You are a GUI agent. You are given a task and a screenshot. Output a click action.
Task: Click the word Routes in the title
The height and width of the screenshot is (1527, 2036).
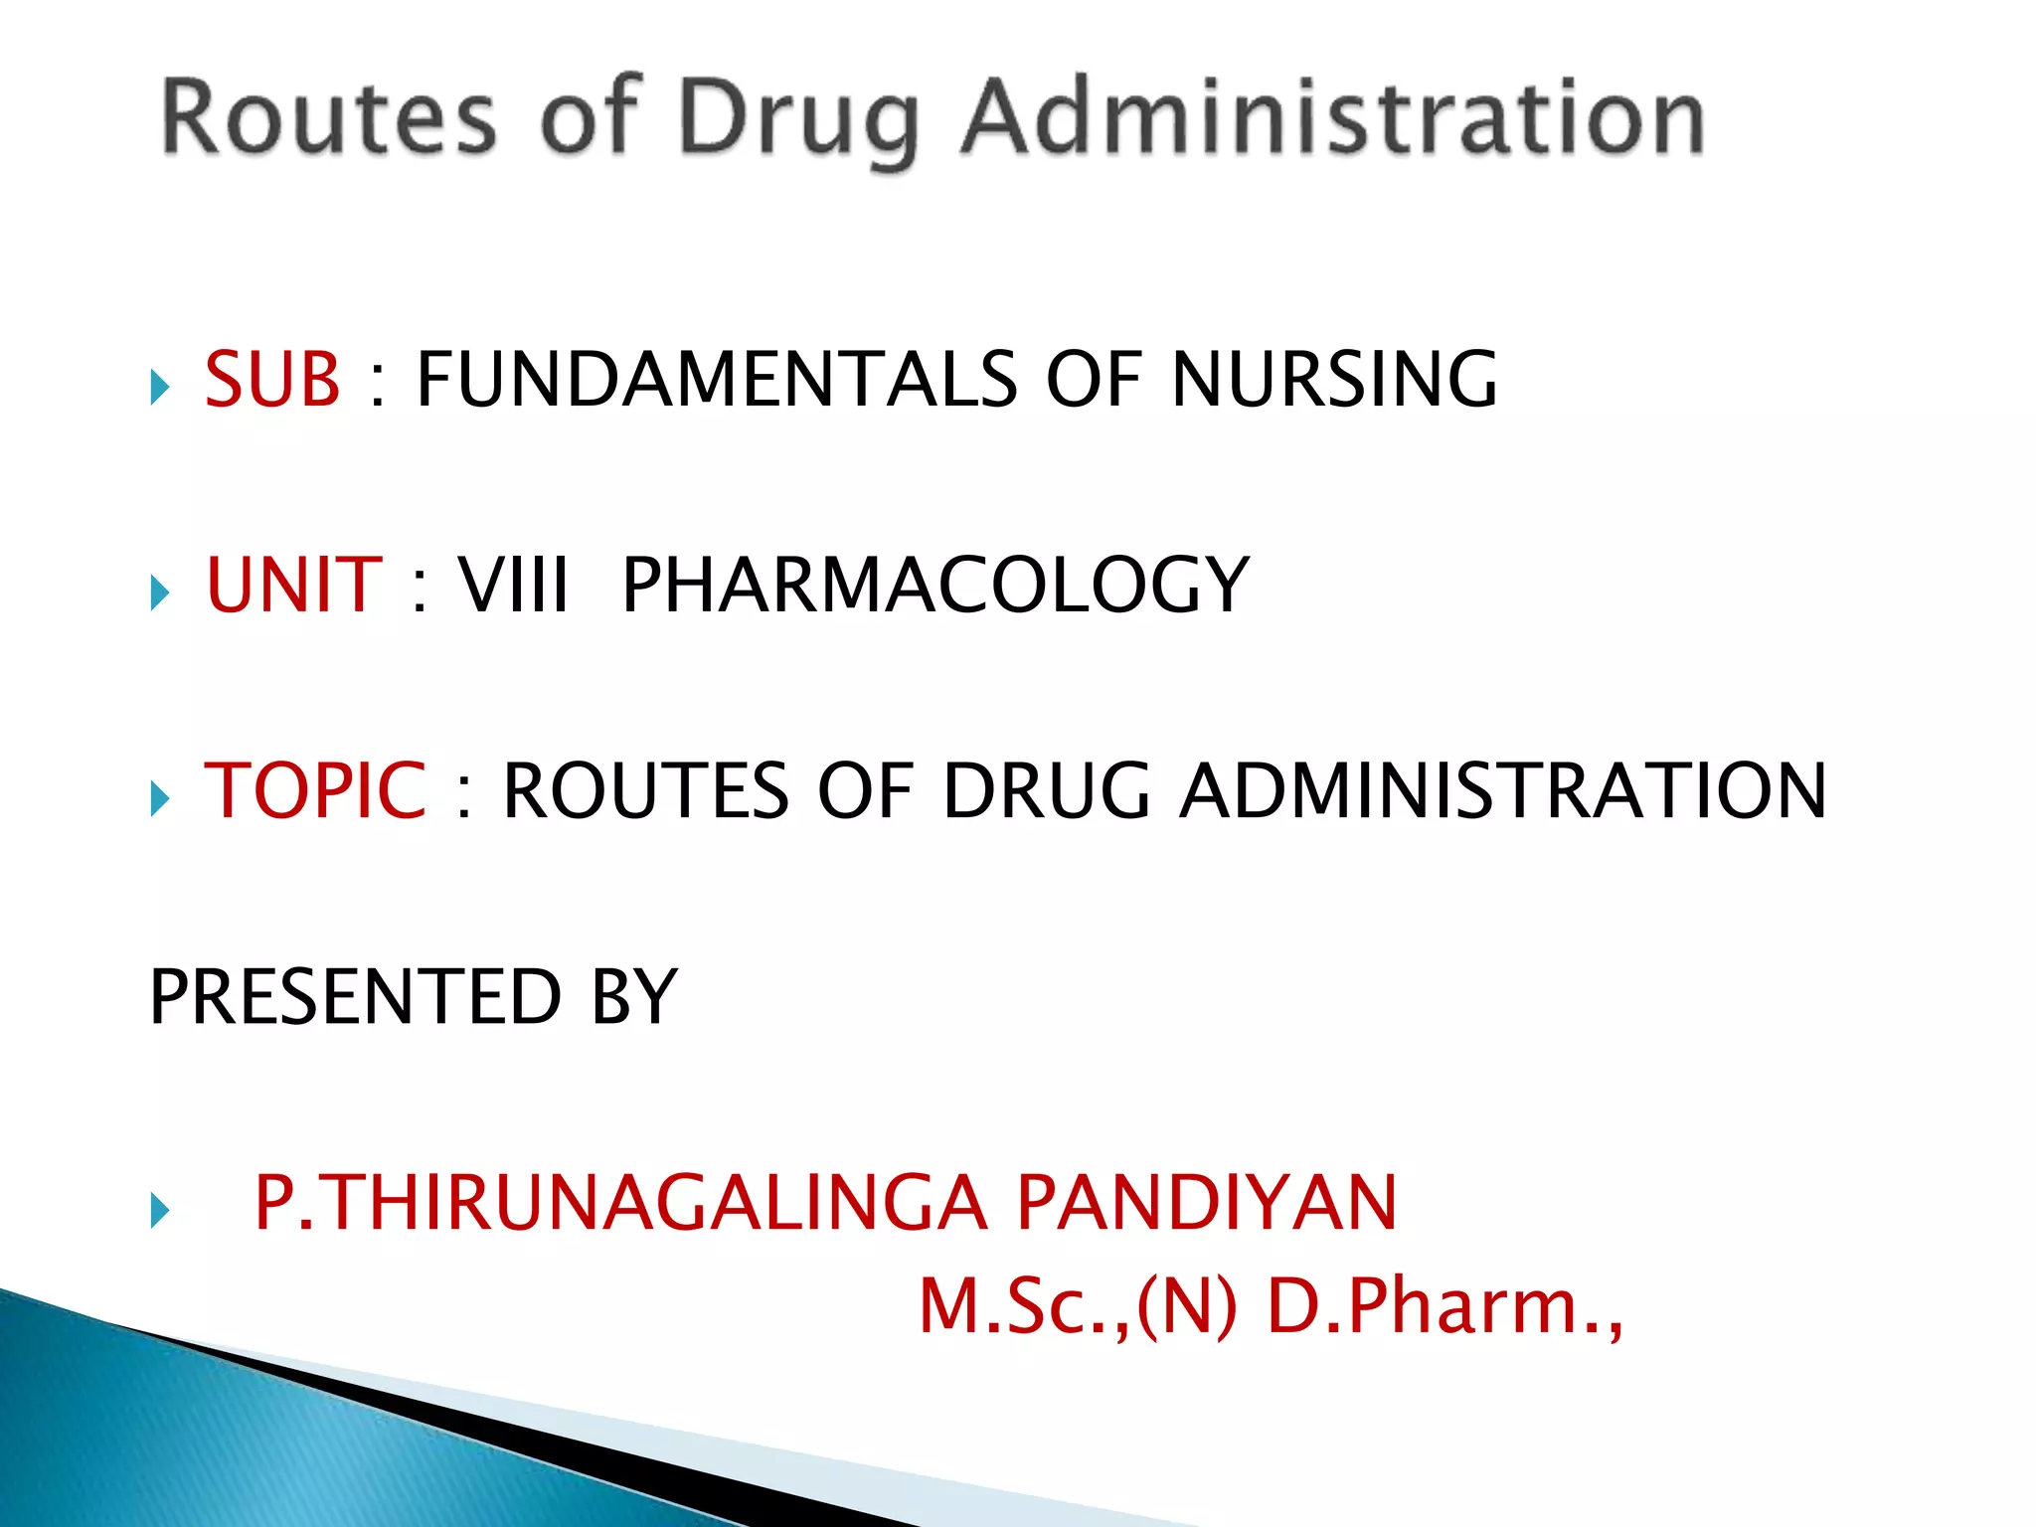328,119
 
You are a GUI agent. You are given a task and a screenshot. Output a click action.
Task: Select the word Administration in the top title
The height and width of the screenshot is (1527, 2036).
1332,119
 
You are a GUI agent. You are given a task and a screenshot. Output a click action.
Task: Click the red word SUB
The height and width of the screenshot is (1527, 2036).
272,380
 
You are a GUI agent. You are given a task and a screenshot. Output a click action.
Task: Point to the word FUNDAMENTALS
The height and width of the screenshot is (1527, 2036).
716,380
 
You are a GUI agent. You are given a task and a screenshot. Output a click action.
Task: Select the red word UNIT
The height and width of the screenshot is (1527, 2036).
293,585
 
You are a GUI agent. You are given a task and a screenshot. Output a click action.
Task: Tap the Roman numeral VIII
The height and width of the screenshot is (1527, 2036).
514,585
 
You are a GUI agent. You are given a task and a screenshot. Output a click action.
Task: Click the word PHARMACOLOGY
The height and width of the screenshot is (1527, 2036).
934,585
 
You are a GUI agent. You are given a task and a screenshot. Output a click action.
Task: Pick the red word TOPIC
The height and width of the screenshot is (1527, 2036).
315,790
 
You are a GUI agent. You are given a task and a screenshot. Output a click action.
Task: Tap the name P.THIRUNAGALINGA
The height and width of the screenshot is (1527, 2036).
620,1203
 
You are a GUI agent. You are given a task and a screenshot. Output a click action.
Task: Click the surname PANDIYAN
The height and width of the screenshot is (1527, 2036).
1206,1203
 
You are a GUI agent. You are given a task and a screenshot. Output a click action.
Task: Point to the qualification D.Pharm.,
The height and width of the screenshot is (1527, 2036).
1444,1305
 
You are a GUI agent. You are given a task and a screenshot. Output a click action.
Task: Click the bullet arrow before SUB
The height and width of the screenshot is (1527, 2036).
160,387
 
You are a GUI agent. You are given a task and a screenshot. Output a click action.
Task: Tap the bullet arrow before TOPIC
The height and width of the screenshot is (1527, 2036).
160,797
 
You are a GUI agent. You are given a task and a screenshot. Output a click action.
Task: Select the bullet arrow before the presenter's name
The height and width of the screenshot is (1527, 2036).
160,1210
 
